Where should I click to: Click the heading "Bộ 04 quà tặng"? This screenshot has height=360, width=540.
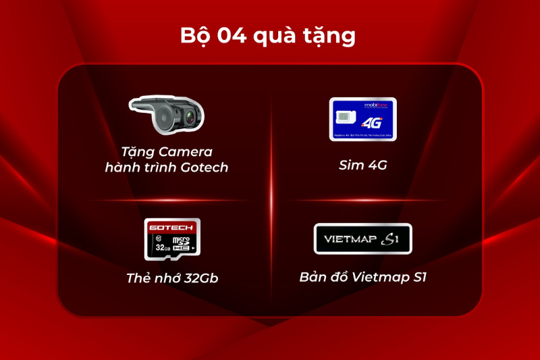tap(268, 35)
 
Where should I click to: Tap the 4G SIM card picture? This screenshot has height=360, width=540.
tap(362, 120)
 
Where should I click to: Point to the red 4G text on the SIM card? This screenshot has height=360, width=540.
tap(371, 124)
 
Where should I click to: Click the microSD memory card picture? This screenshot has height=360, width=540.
tap(173, 240)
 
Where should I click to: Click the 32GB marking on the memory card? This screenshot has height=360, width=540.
tap(161, 247)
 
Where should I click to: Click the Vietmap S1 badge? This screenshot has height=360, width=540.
tap(362, 238)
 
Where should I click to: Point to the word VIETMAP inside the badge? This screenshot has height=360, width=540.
tap(348, 239)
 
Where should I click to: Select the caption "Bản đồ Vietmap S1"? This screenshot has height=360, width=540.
tap(363, 278)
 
